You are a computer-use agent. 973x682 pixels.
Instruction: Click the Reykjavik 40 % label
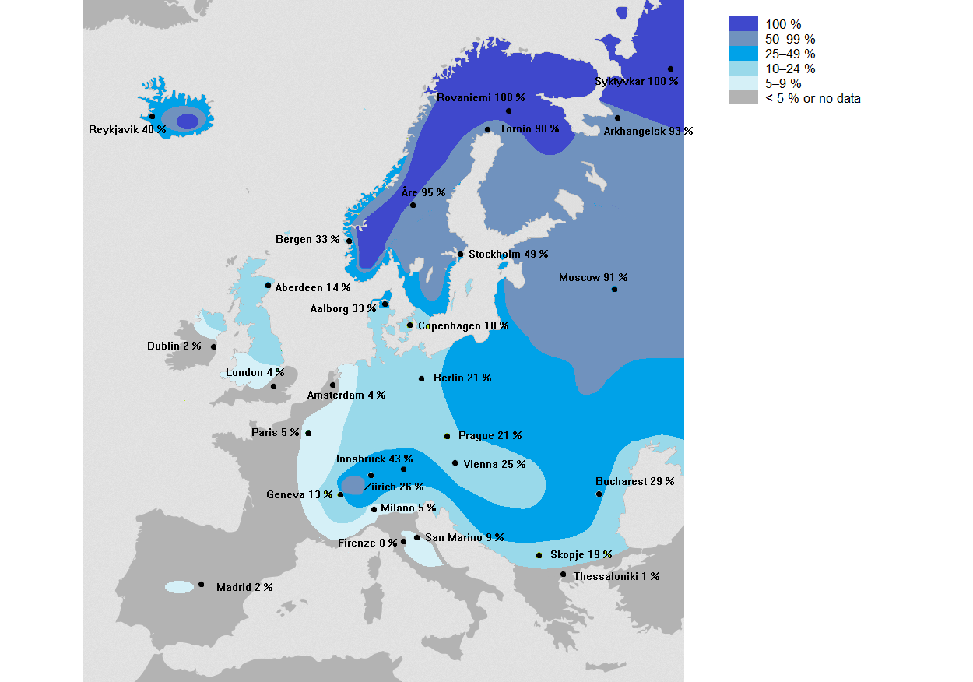coord(128,129)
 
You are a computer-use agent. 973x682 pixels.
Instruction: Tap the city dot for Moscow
coord(614,289)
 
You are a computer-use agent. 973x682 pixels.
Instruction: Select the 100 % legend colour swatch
coord(743,24)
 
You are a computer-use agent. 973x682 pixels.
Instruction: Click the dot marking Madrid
coord(201,584)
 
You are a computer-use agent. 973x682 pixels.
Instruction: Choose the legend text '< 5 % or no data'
coord(813,98)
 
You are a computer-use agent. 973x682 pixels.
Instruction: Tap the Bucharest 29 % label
coord(634,481)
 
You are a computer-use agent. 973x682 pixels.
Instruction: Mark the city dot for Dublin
coord(213,347)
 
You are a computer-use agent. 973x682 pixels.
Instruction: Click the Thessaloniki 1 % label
coord(616,576)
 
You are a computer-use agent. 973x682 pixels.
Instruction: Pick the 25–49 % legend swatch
coord(743,54)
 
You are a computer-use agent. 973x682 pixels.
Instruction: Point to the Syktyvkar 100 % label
coord(636,81)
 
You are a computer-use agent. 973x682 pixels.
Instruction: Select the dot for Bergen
coord(349,241)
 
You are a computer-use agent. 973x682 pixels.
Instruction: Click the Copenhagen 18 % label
coord(463,325)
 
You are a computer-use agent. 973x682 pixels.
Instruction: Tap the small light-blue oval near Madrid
coord(180,586)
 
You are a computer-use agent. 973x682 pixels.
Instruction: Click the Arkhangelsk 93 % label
coord(648,131)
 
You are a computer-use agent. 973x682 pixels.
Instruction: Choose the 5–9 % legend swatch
coord(743,83)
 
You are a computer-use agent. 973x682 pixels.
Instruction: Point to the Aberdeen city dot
coord(268,285)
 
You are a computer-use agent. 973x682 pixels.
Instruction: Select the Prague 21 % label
coord(490,435)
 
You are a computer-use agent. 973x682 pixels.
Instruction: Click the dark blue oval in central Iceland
coord(188,121)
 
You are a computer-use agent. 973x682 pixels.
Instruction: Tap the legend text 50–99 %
coord(790,39)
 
